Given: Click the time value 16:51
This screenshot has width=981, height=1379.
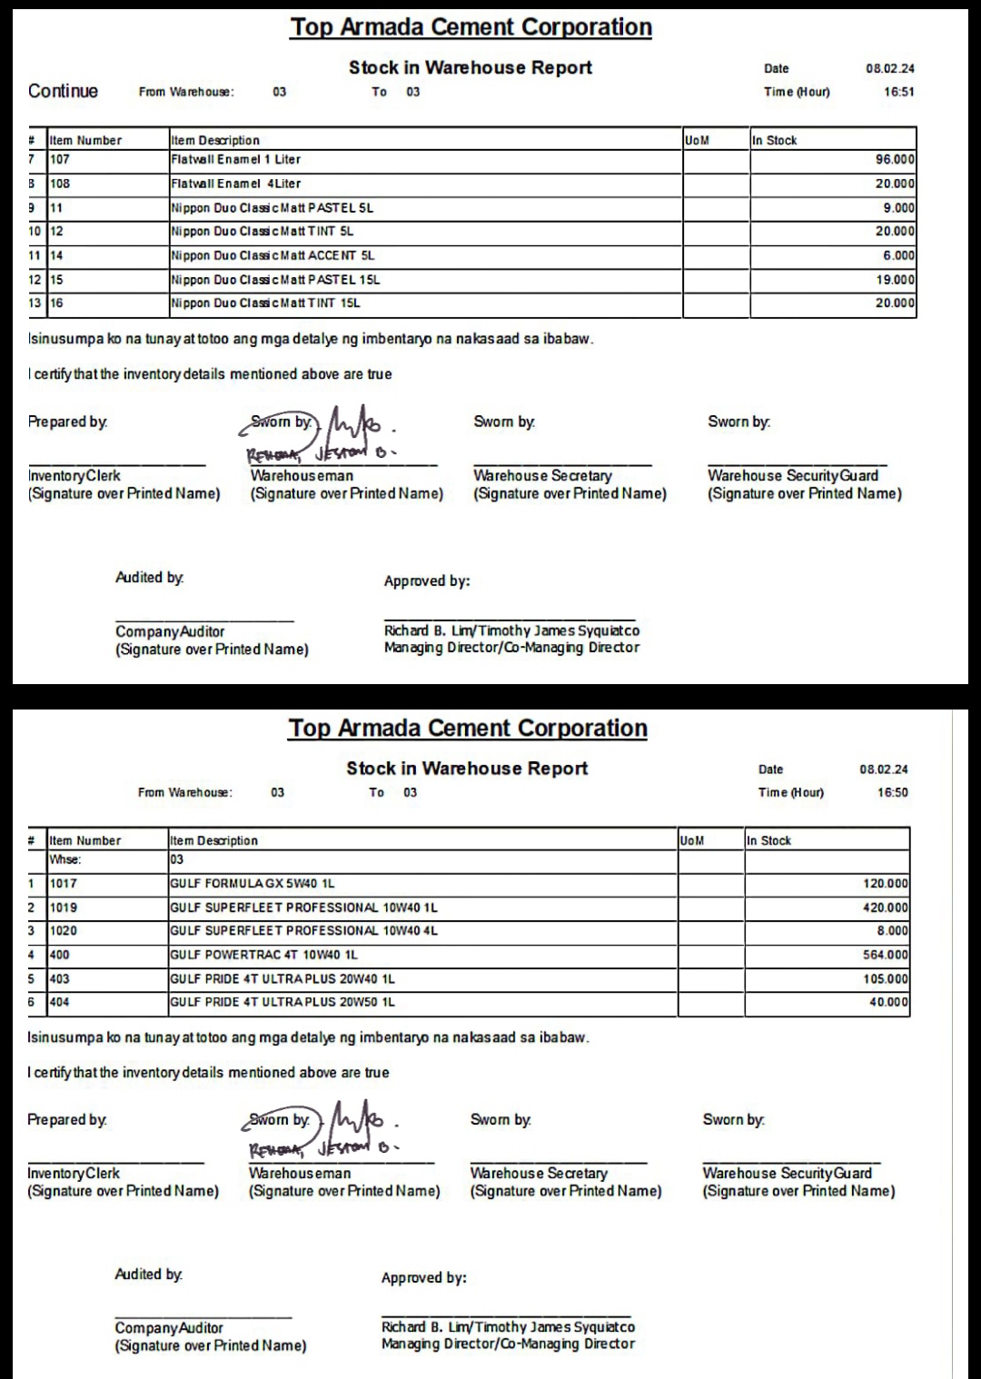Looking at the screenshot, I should click(898, 92).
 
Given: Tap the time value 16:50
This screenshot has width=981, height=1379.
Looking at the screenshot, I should click(892, 792).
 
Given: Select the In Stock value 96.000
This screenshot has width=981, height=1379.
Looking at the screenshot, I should click(895, 160).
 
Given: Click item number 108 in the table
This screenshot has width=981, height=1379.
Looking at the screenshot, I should click(60, 184).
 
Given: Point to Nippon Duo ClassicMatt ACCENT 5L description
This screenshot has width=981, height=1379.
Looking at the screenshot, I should click(272, 255).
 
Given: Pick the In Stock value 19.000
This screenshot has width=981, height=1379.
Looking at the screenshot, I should click(895, 280).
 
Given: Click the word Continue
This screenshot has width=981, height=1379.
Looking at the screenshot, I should click(63, 91).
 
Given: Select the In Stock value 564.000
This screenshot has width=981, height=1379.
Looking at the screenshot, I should click(885, 955).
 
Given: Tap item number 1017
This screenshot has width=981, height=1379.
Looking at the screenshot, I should click(64, 883).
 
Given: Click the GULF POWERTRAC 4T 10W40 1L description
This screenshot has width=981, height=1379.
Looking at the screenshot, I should click(263, 955).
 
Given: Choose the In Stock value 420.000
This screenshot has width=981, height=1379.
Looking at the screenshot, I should click(885, 908).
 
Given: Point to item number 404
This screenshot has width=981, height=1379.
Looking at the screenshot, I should click(59, 1002).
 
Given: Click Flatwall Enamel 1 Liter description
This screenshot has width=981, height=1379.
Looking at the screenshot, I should click(236, 160).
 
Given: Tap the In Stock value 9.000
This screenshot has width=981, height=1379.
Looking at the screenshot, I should click(898, 208).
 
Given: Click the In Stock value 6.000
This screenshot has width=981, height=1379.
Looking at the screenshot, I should click(898, 256).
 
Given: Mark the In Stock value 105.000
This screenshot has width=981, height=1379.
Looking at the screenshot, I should click(885, 979).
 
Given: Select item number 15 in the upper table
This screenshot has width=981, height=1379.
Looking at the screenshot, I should click(56, 280).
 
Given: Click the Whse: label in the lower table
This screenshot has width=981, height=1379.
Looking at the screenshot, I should click(64, 859).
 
